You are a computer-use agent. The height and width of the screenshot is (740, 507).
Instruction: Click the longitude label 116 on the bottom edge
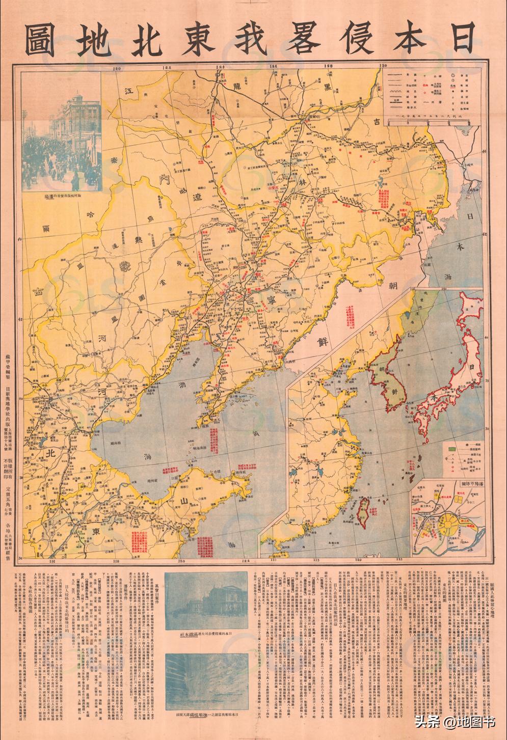(52, 562)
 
